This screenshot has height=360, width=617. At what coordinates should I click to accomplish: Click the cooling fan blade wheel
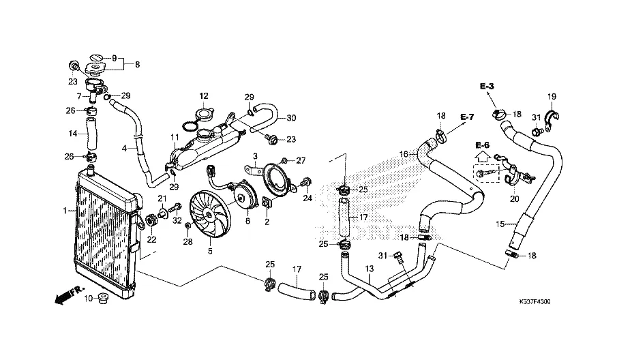(209, 211)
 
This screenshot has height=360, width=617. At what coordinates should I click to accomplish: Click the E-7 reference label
(466, 117)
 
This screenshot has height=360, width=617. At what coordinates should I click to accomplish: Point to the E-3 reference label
(486, 87)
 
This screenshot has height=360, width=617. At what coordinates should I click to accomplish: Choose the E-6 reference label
(482, 145)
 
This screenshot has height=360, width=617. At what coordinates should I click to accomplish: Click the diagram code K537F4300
(539, 301)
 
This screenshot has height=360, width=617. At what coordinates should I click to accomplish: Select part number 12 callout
(203, 95)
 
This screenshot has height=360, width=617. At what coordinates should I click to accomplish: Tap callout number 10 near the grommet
(88, 299)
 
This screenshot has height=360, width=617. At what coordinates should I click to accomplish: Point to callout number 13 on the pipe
(369, 269)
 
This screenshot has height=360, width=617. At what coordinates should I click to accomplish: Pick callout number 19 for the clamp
(552, 96)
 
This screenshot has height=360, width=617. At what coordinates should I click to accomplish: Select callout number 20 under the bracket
(514, 199)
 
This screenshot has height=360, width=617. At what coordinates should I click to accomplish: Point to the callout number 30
(291, 118)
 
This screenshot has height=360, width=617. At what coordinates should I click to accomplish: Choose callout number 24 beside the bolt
(307, 199)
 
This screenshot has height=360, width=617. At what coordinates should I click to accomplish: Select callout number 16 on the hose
(404, 154)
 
